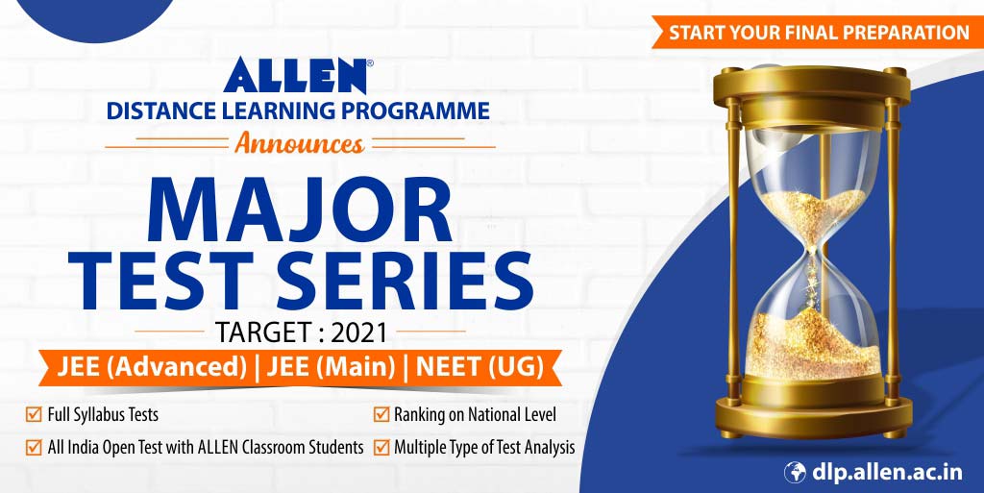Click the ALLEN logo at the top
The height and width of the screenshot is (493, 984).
(297, 76)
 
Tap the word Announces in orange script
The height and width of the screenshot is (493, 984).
(299, 145)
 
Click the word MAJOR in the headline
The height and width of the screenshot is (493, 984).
(299, 209)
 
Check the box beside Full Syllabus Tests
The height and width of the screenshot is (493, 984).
(34, 415)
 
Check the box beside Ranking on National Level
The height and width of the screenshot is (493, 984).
(381, 415)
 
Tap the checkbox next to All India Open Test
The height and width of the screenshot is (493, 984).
(34, 446)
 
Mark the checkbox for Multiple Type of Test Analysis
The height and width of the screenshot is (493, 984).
(381, 446)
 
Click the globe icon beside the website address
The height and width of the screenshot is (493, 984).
(796, 472)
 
